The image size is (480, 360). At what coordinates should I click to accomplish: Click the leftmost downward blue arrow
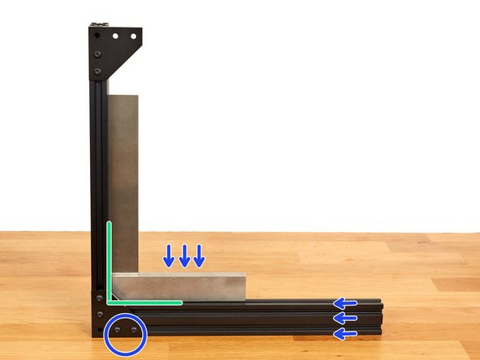coord(169,255)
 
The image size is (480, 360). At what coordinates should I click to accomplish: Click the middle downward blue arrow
coord(184,255)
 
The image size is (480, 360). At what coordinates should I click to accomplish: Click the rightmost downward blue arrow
coord(199,255)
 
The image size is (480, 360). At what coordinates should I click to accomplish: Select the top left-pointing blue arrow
coord(346,304)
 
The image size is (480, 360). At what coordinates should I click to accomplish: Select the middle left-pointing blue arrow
coord(346,318)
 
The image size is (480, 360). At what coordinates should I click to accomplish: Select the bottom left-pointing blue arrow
coord(346,332)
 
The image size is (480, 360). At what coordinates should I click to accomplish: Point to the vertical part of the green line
coord(108,259)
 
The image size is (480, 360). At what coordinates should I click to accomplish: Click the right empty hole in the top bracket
coord(131,37)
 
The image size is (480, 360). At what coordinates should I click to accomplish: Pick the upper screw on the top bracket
coord(97,54)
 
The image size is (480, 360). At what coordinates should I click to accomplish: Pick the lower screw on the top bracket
coord(97,71)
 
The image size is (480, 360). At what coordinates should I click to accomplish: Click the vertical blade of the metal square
coord(124,178)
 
